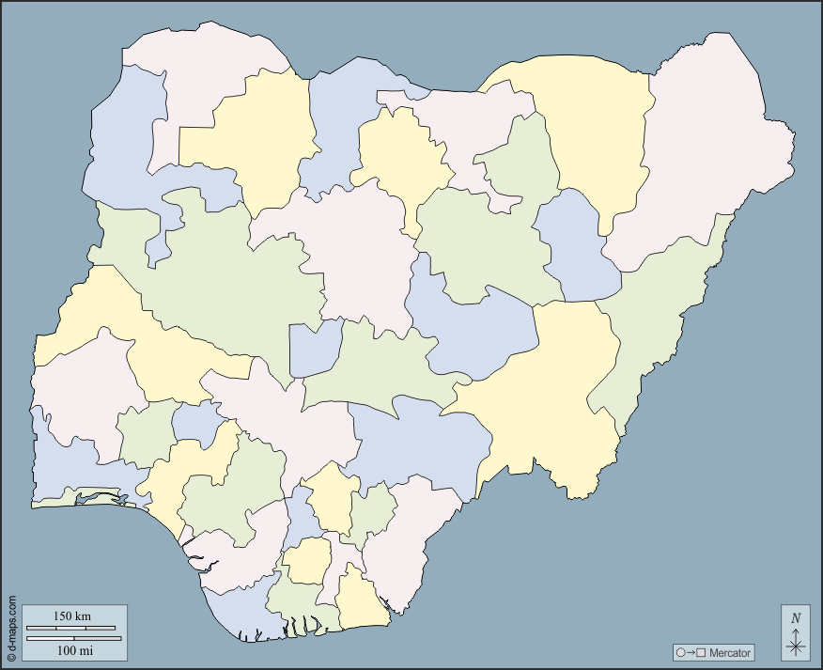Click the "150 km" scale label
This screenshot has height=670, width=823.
click(72, 616)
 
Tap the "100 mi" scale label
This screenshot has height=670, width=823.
click(72, 649)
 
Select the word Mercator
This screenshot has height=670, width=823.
click(730, 652)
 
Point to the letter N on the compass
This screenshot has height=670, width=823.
click(796, 618)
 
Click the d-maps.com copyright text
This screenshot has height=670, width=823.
click(11, 628)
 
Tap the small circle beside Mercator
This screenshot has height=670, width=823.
click(680, 652)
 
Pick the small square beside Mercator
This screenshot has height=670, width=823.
click(700, 652)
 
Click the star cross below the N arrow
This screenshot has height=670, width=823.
click(796, 645)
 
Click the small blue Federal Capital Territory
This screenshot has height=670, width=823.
click(314, 348)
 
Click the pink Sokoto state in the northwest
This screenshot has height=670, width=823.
click(197, 75)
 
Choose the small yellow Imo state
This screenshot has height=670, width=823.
click(305, 561)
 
